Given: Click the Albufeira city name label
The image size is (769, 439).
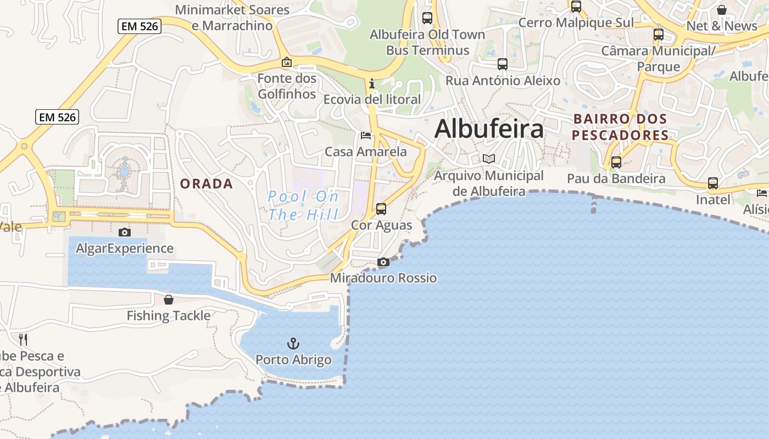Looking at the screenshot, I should (489, 129).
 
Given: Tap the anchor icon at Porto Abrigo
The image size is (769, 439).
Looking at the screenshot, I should (293, 344).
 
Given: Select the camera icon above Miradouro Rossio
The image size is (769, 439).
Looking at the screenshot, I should (383, 262).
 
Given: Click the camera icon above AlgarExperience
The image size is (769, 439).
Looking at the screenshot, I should (125, 232).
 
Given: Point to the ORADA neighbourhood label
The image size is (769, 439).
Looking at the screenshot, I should (207, 184).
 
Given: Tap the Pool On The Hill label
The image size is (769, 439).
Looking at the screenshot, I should (303, 205).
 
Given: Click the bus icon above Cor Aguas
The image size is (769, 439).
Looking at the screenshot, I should (381, 209).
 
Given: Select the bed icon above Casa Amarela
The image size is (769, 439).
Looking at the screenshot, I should (366, 136).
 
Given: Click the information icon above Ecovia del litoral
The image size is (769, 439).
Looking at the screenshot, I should (372, 83).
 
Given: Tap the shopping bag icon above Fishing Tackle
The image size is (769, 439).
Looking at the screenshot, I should (169, 300).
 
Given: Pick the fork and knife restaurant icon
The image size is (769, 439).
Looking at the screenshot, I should (23, 339).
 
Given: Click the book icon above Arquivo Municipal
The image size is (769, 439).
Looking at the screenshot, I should (489, 159).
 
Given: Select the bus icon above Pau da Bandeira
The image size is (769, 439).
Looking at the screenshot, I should (616, 162).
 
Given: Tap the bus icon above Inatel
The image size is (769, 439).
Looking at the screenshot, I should (713, 183).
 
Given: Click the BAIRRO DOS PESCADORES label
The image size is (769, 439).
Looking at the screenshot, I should (620, 127).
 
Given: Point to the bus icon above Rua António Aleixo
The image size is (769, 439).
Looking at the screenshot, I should (503, 64).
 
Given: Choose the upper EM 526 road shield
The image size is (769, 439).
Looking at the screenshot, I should (139, 26).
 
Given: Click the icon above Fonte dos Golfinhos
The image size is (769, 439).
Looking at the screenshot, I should (286, 62).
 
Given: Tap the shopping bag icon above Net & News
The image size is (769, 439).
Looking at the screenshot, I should (722, 10).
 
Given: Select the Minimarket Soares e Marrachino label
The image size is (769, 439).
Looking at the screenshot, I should (232, 18).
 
